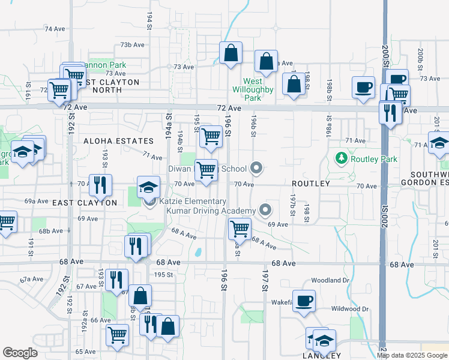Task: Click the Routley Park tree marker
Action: click(x=342, y=158)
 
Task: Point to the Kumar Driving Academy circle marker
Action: click(x=265, y=210)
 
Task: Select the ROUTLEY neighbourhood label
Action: click(x=311, y=183)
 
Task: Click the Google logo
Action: click(x=19, y=352)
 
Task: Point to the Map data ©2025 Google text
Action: click(x=411, y=355)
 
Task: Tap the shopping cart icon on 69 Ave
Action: click(x=240, y=228)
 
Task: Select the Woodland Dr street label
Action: click(x=330, y=280)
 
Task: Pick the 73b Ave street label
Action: click(x=132, y=45)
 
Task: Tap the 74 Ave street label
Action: click(x=55, y=29)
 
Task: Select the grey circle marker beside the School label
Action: click(x=257, y=169)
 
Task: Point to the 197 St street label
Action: click(x=264, y=280)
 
